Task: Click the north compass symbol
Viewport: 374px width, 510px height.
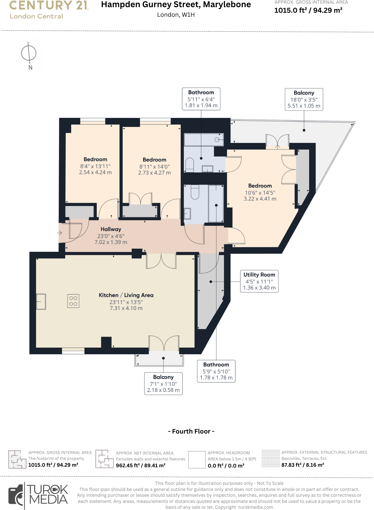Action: [29, 53]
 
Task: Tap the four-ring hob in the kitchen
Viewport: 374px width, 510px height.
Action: [73, 301]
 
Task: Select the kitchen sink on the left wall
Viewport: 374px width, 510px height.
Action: [41, 302]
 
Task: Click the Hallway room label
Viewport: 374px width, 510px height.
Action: [111, 229]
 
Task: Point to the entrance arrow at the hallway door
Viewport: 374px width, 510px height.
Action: [59, 233]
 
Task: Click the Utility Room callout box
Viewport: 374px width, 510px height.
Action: [259, 281]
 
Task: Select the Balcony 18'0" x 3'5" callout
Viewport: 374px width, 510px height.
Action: [304, 99]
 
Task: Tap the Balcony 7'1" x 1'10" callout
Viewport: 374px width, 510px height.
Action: [163, 384]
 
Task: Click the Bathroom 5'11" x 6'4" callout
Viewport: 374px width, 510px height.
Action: [201, 99]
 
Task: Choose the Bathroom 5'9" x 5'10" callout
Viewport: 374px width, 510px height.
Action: [216, 371]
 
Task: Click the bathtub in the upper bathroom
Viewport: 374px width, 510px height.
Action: [204, 140]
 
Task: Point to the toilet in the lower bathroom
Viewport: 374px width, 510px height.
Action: [195, 192]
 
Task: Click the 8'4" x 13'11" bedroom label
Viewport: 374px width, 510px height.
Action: [95, 166]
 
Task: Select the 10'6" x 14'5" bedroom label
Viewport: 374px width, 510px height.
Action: [260, 192]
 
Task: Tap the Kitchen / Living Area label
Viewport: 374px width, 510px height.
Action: [126, 295]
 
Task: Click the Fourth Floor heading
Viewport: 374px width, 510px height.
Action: [191, 431]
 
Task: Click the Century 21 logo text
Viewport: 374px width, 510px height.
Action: [49, 6]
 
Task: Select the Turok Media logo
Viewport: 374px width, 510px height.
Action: [39, 495]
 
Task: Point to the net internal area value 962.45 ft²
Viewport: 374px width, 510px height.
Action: [141, 465]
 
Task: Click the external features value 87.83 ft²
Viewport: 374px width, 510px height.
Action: [303, 465]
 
